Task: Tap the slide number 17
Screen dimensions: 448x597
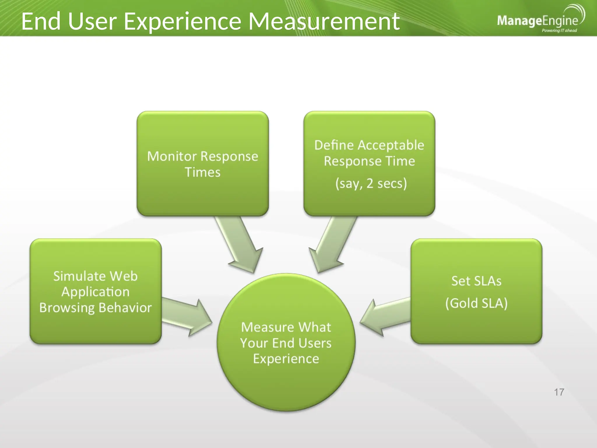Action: point(559,392)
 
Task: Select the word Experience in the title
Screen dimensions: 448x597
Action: point(182,22)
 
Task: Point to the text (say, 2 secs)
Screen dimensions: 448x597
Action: point(371,183)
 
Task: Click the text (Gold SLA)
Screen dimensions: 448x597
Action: point(476,303)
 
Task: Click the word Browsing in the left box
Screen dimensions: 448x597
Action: point(67,308)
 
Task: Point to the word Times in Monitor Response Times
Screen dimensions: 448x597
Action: point(203,172)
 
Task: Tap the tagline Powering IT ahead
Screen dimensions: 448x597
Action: point(559,31)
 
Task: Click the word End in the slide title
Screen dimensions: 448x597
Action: point(41,22)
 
